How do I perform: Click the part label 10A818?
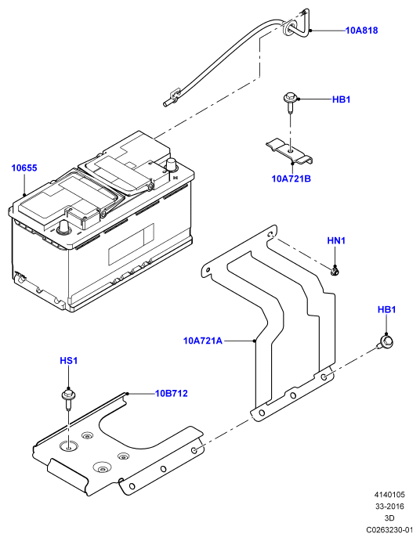tap(362, 31)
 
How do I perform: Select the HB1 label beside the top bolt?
tap(342, 99)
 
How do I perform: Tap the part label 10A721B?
tap(291, 179)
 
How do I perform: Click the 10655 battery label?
tap(24, 168)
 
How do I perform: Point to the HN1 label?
tap(336, 240)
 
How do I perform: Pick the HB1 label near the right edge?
tap(386, 309)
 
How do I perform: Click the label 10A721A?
tap(203, 341)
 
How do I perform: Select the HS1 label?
tap(69, 361)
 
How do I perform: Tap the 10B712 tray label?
tap(172, 393)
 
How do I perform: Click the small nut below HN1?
tap(335, 272)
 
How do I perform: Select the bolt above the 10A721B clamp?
tap(289, 102)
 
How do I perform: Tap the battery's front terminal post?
tap(64, 227)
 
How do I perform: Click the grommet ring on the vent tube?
tap(288, 27)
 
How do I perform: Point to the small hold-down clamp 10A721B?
tap(289, 152)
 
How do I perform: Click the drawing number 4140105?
tap(389, 495)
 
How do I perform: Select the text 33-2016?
tap(389, 507)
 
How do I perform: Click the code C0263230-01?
tap(389, 529)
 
